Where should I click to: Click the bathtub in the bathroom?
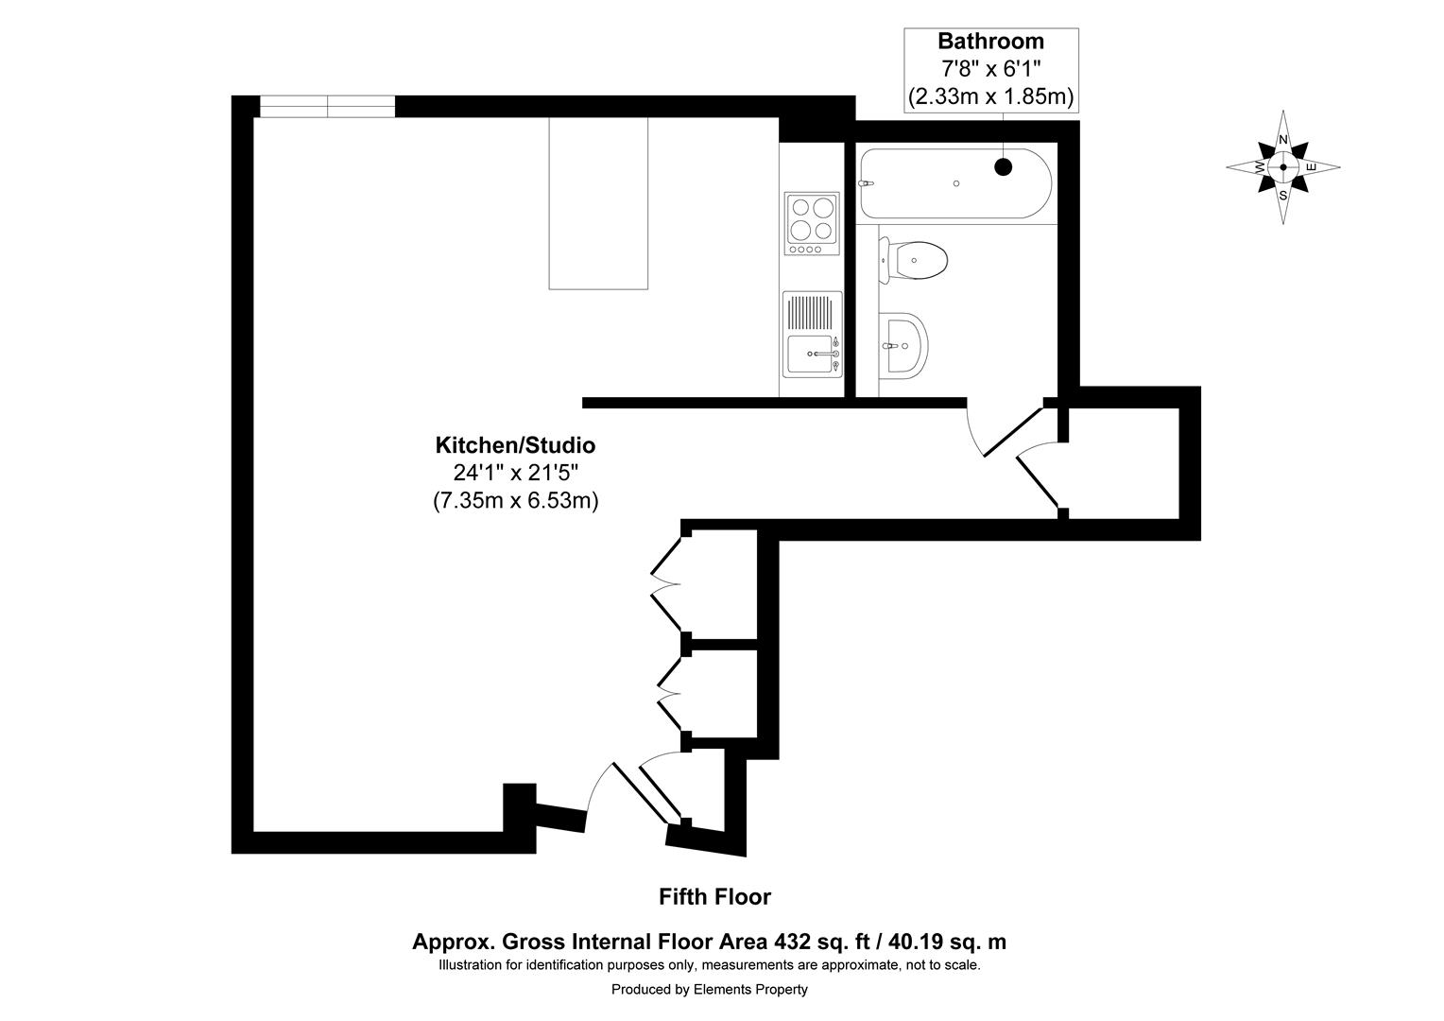(x=954, y=184)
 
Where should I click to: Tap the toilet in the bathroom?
(x=917, y=259)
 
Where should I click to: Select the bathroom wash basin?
(x=905, y=345)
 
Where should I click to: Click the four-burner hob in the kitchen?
(x=811, y=223)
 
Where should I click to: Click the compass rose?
(x=1282, y=167)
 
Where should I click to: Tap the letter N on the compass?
(x=1282, y=140)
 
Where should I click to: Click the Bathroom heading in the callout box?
(x=989, y=42)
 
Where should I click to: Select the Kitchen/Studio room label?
(x=515, y=444)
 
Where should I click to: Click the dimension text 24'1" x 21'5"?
(x=515, y=473)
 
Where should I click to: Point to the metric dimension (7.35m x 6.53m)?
(x=515, y=501)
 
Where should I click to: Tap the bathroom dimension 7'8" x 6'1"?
(x=989, y=69)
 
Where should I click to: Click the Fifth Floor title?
(x=714, y=896)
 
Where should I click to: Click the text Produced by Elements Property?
(x=709, y=989)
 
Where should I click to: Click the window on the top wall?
(x=327, y=107)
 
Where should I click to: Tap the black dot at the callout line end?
(x=1003, y=167)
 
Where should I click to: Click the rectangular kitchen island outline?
(x=598, y=203)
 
